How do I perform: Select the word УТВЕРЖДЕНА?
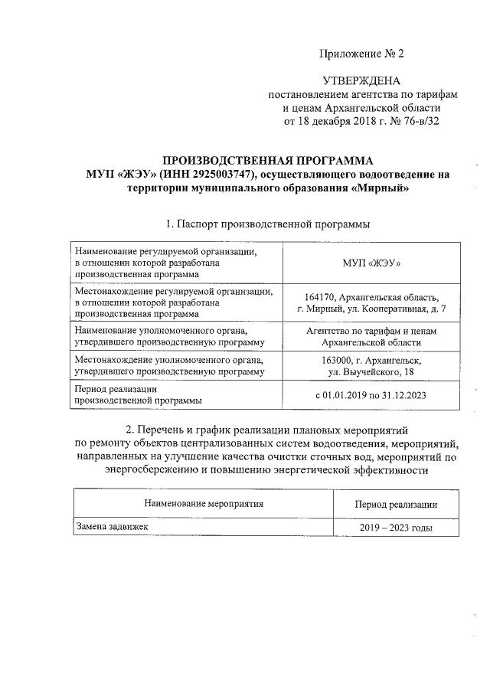coord(362,80)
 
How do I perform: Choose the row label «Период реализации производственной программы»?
coord(139,394)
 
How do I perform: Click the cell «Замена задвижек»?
coord(106,528)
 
